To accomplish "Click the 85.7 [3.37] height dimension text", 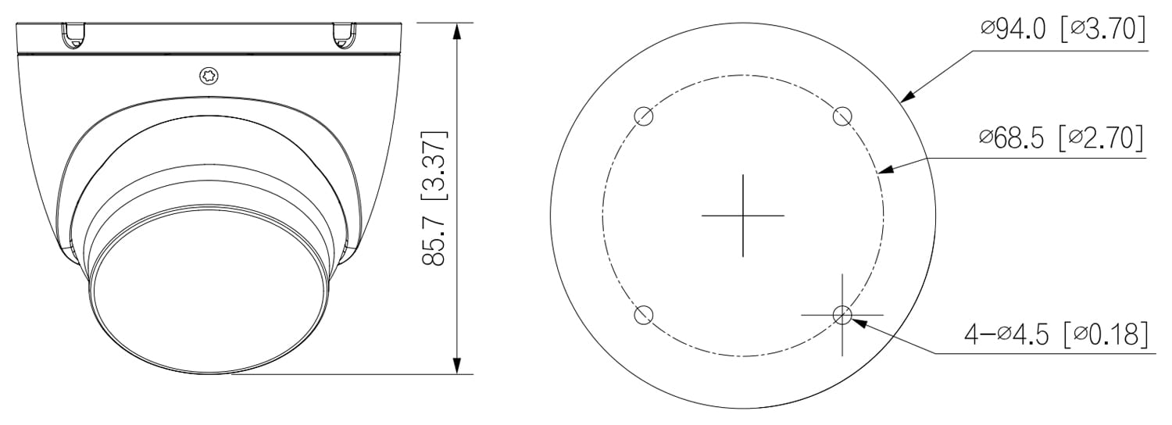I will coord(434,198).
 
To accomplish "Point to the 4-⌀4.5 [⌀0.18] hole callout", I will coord(1056,334).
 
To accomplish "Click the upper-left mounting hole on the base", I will coord(644,116).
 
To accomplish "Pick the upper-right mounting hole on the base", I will coord(841,116).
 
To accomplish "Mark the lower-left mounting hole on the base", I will coord(644,315).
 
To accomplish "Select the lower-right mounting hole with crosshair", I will coord(841,315).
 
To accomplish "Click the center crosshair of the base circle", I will coord(742,215).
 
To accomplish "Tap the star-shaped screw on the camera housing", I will coord(210,77).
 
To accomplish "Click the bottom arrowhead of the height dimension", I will coord(457,366).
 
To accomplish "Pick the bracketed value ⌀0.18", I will coord(1106,334).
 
